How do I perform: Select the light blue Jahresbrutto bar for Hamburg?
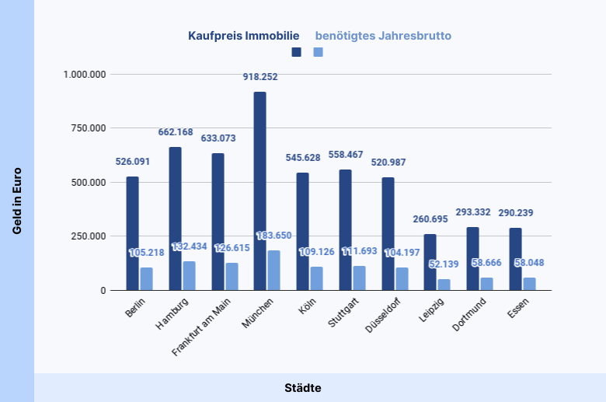pos(189,275)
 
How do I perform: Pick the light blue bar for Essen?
pos(529,284)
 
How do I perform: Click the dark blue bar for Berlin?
pos(132,233)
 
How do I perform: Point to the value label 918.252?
pos(259,77)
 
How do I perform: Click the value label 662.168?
pos(175,132)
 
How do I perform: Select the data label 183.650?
pos(273,236)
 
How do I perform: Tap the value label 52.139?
pos(444,264)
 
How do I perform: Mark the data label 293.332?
pos(472,211)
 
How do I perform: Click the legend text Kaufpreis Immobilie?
pos(243,36)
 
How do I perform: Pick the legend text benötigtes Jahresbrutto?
pos(383,36)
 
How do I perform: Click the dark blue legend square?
pos(296,52)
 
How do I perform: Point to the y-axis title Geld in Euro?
pos(16,201)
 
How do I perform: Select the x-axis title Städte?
pos(302,387)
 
